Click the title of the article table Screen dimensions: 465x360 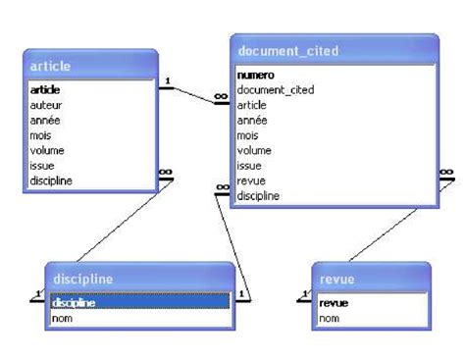pos(50,67)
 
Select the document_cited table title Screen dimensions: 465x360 pos(288,51)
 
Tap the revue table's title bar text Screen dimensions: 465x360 pos(336,280)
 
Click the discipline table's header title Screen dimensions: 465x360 pos(83,280)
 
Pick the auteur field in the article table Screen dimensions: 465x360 pos(46,105)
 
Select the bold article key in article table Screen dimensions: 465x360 pos(45,90)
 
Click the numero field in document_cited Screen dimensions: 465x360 pos(255,76)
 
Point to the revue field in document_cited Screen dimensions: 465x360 pos(251,180)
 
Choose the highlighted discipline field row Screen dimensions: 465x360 pos(140,302)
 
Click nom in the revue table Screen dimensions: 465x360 pos(329,319)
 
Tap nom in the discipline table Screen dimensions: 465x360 pos(62,319)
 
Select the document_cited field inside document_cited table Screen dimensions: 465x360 pos(276,90)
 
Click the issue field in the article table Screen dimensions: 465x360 pos(42,166)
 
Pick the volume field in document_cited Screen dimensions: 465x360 pos(254,150)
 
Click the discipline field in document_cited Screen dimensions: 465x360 pos(258,196)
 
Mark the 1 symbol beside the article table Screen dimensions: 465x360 pos(168,80)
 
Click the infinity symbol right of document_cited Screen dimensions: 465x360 pos(446,172)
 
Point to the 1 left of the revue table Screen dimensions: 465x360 pos(305,294)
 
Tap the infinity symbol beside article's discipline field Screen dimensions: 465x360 pos(166,172)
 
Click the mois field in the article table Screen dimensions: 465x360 pos(40,135)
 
